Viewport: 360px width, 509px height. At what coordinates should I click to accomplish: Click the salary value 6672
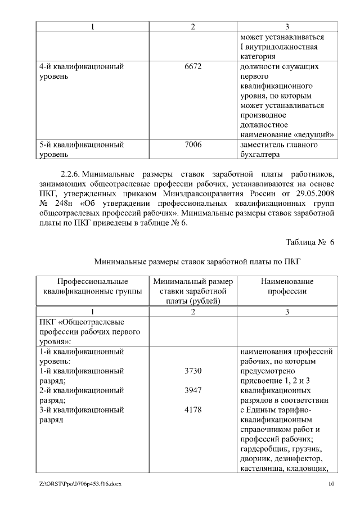pyautogui.click(x=193, y=66)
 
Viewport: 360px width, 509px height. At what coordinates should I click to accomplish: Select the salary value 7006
pyautogui.click(x=193, y=145)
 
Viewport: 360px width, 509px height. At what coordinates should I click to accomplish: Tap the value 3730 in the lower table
pyautogui.click(x=193, y=371)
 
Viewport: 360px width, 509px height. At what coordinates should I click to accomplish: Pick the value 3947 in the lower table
pyautogui.click(x=193, y=390)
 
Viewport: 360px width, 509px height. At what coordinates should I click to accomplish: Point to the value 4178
pyautogui.click(x=193, y=409)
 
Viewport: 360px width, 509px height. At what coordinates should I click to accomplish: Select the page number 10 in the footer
pyautogui.click(x=332, y=484)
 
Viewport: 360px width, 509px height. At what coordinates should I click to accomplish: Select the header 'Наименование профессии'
pyautogui.click(x=287, y=286)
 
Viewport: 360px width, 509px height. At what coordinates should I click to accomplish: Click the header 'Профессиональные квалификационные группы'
pyautogui.click(x=92, y=286)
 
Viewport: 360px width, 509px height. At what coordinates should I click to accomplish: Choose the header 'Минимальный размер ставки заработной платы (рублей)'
pyautogui.click(x=193, y=291)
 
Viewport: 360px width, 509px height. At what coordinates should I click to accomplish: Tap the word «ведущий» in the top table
pyautogui.click(x=316, y=134)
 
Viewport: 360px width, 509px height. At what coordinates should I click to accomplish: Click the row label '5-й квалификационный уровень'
pyautogui.click(x=81, y=149)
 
